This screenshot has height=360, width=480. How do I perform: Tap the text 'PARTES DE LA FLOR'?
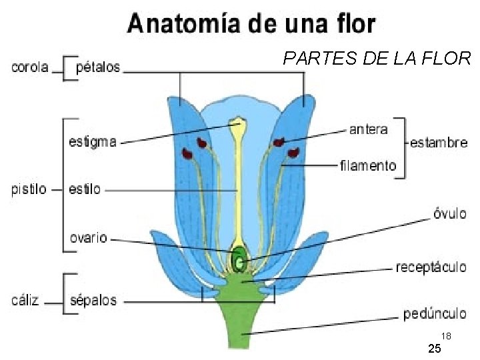(x=377, y=59)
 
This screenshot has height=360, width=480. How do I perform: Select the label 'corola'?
(x=31, y=67)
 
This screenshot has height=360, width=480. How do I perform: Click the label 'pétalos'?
(x=99, y=67)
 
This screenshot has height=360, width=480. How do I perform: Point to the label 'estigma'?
(x=93, y=141)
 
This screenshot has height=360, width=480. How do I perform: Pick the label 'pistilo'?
(x=29, y=189)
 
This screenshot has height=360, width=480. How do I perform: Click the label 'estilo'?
(x=85, y=189)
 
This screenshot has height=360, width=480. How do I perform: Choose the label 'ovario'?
(x=89, y=237)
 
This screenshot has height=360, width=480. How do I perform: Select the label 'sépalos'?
(x=93, y=300)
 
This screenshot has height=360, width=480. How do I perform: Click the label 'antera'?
(x=368, y=129)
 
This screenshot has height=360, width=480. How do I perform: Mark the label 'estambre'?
(x=439, y=142)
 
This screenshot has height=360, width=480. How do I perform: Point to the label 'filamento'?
(x=368, y=165)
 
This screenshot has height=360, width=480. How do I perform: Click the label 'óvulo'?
(x=449, y=214)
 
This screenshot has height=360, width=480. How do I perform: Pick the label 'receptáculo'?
(x=431, y=267)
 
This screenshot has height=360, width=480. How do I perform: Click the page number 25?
(x=434, y=349)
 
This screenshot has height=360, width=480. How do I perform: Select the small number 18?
(x=447, y=336)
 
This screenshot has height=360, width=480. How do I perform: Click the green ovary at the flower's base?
(x=238, y=257)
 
